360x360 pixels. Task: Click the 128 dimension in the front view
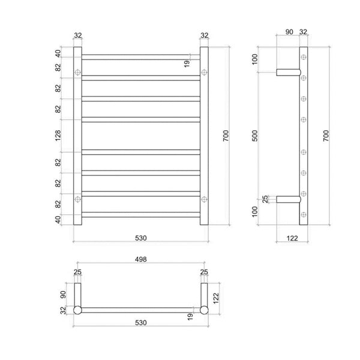[58, 136]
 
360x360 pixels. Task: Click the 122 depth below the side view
[292, 238]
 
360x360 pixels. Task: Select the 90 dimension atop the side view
[289, 32]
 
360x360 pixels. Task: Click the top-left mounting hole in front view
[77, 73]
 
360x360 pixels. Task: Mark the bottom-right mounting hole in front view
[205, 199]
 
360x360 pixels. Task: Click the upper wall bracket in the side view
[286, 73]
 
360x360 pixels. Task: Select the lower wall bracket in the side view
[286, 199]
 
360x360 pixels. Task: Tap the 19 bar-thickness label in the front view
[187, 62]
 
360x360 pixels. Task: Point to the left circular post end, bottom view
[77, 310]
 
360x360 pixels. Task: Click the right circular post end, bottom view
[205, 310]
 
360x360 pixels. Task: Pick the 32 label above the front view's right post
[205, 35]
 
